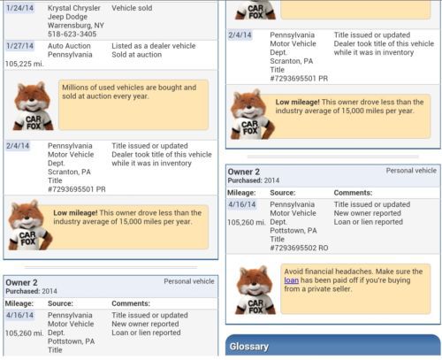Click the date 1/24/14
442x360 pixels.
click(19, 8)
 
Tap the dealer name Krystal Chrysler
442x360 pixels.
click(74, 8)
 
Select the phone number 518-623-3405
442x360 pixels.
click(72, 34)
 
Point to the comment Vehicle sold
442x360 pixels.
click(132, 8)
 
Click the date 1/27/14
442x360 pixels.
click(19, 46)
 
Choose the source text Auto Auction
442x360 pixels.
click(69, 46)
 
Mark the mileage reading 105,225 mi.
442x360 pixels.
click(25, 64)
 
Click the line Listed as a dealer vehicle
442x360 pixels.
click(154, 46)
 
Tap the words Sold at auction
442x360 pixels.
click(137, 55)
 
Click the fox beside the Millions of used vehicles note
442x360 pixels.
click(33, 106)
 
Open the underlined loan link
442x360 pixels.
click(292, 280)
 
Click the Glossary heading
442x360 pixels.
click(249, 347)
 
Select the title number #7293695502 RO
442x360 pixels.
click(299, 248)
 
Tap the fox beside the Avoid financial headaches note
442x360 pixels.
click(255, 290)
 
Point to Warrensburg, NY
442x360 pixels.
click(76, 26)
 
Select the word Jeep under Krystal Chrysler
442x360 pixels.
click(56, 17)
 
